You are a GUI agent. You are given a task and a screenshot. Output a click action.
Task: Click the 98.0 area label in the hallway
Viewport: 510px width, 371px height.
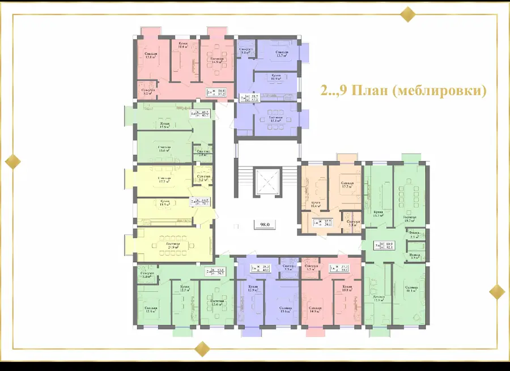265,224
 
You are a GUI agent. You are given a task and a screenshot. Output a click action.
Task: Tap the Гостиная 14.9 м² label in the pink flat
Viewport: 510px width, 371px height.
217,60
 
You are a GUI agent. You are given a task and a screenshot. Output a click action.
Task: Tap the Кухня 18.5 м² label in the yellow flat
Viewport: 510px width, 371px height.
166,203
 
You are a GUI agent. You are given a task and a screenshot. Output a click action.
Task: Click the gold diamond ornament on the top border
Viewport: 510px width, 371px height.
407,14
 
